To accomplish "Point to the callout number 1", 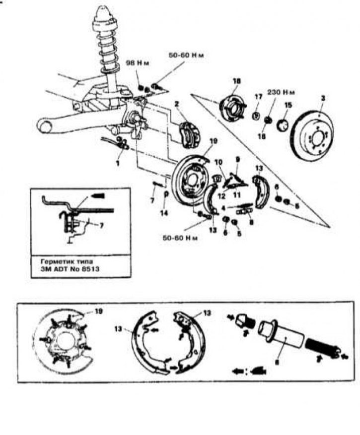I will point(118,162).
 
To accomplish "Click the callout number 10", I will point(217,162).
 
